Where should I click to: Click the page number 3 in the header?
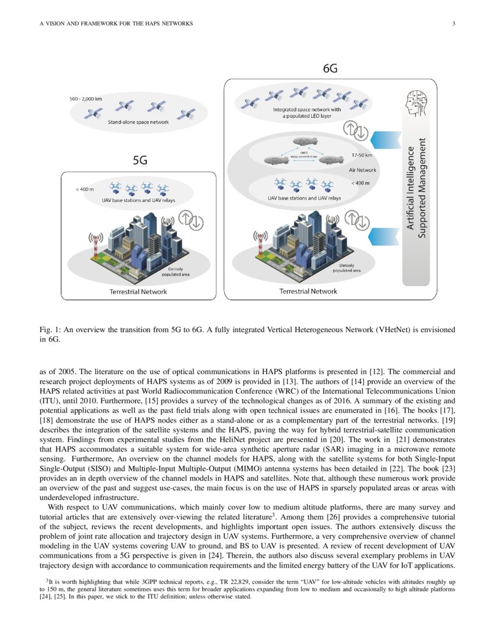pyautogui.click(x=453, y=23)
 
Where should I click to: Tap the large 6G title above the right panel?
pyautogui.click(x=331, y=69)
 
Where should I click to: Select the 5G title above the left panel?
pyautogui.click(x=140, y=160)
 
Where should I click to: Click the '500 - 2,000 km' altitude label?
pyautogui.click(x=86, y=99)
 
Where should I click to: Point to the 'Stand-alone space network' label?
pyautogui.click(x=139, y=122)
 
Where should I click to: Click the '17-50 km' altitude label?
pyautogui.click(x=362, y=155)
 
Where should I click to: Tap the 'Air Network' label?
pyautogui.click(x=362, y=170)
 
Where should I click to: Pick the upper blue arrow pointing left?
pyautogui.click(x=384, y=139)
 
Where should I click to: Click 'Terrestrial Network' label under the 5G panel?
pyautogui.click(x=139, y=291)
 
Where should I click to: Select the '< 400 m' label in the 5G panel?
pyautogui.click(x=84, y=189)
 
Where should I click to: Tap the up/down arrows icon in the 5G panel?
pyautogui.click(x=190, y=221)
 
